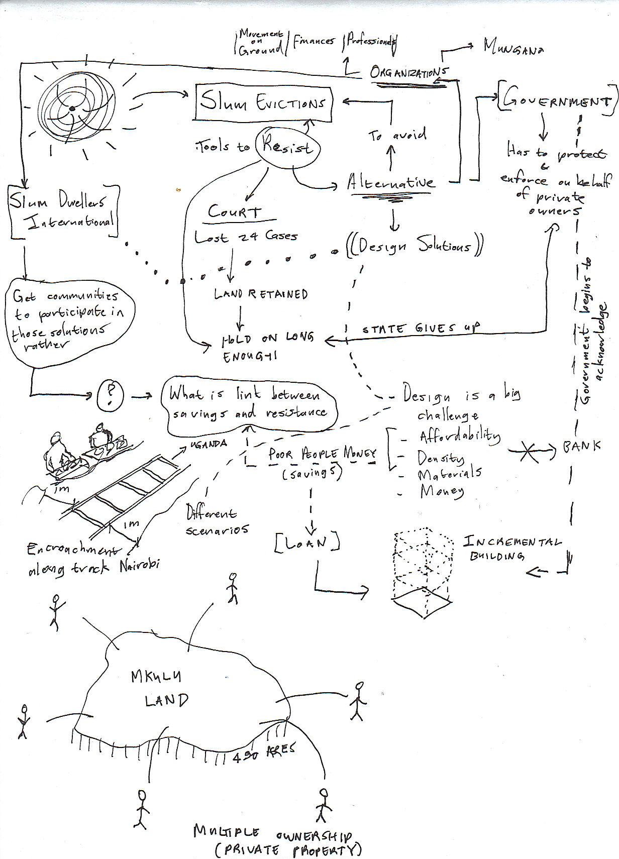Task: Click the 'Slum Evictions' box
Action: point(262,104)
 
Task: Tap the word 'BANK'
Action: point(582,446)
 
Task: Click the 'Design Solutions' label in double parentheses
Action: point(415,246)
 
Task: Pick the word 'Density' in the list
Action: point(441,458)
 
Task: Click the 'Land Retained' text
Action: point(261,294)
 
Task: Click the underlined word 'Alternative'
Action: point(391,183)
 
